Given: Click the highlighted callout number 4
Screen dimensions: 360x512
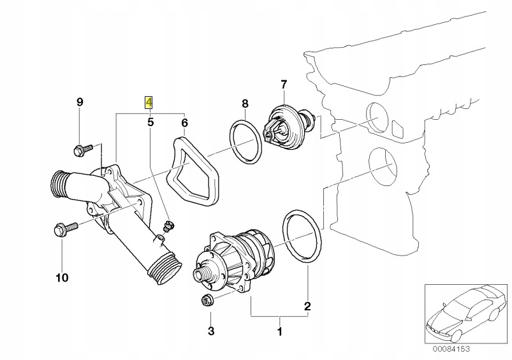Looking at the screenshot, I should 149,102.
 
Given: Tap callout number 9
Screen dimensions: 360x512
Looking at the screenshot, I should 80,102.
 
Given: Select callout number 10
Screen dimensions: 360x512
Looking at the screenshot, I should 62,278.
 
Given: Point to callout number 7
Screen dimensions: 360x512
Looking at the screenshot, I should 284,83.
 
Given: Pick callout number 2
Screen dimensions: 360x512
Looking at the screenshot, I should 307,307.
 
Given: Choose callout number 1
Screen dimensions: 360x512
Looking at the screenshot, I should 278,331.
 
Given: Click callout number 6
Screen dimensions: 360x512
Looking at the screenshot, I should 184,122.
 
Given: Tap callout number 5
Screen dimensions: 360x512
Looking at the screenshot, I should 150,122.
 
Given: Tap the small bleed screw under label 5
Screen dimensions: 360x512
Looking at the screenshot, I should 169,224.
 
